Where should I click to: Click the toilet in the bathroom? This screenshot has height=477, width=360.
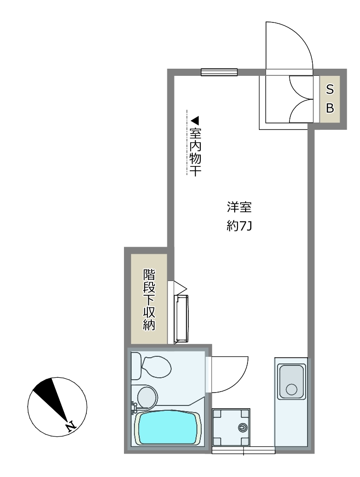coord(152,366)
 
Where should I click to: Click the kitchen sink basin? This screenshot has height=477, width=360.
coord(292,382)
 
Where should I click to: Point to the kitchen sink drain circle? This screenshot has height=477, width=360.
coord(292,389)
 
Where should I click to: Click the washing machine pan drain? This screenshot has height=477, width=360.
coord(243,427)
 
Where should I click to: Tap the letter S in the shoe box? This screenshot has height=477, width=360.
coord(329,90)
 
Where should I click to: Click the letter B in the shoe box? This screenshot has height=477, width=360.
coord(330,108)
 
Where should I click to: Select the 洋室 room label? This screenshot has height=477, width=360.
coord(239,207)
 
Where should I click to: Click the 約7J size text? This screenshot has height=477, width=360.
coord(239,227)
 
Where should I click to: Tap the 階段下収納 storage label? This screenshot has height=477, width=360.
coord(149,300)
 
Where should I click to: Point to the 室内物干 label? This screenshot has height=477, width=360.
coord(195,152)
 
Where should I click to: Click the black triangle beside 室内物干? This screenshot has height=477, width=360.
coord(195,121)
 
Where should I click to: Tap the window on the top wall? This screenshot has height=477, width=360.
coord(219,72)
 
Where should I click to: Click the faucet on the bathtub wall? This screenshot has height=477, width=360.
coord(134,408)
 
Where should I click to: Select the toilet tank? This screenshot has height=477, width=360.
coord(136,366)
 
